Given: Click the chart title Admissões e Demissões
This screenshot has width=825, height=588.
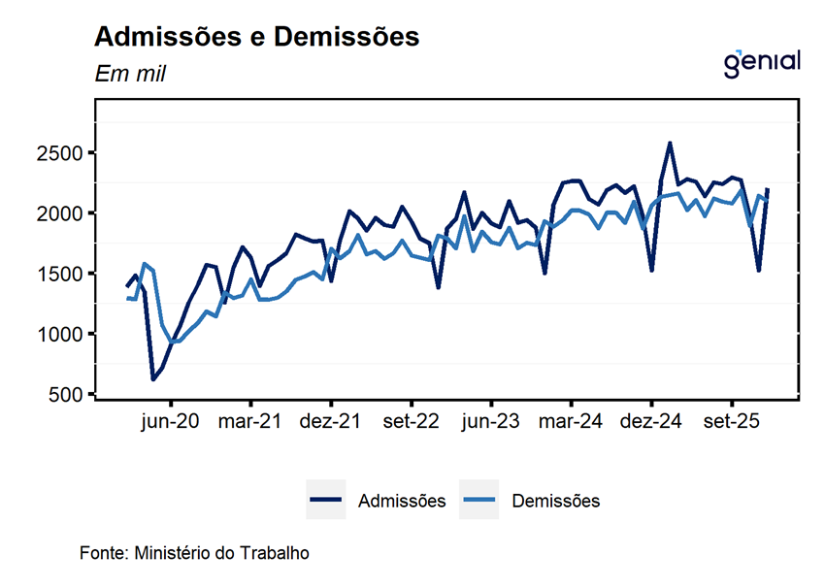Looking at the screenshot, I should click(256, 37).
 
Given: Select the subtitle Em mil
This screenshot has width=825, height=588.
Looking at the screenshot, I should click(130, 74).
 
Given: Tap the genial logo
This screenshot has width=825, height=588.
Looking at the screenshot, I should click(762, 61).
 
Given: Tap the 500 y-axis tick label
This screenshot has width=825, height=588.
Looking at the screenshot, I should click(71, 394).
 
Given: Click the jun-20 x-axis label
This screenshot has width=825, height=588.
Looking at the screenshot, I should click(172, 422).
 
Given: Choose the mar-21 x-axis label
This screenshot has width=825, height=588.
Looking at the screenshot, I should click(251, 422).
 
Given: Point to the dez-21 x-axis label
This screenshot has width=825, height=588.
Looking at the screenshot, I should click(331, 422).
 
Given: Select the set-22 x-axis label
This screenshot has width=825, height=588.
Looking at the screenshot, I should click(412, 422).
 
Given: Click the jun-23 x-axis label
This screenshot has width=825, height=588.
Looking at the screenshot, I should click(491, 422).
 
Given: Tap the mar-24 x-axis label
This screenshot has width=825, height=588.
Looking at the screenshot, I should click(571, 422).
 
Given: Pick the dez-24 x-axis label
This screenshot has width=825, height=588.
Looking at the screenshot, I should click(650, 422).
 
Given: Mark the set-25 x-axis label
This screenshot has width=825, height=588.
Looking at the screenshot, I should click(730, 422).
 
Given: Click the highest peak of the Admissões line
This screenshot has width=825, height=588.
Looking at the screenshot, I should click(670, 143).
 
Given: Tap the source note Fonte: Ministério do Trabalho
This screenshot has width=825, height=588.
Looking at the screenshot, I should click(194, 553).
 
